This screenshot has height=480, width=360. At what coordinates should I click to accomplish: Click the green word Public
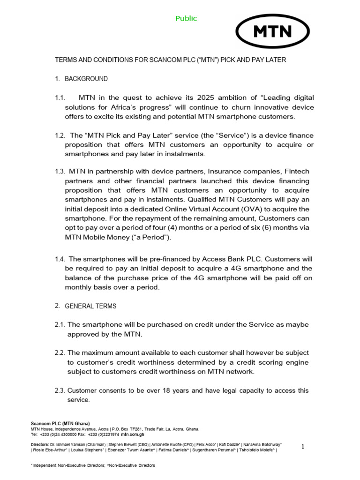point(186,18)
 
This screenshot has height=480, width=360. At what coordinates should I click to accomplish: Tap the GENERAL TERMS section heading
point(90,306)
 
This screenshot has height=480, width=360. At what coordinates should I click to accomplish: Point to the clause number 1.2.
point(60,135)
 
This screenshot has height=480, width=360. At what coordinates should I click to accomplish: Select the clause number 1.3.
point(60,172)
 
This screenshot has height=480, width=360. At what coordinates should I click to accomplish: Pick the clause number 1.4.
point(60,259)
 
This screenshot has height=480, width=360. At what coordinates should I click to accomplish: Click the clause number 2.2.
point(60,352)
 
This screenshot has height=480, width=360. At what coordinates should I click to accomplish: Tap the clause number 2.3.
point(60,390)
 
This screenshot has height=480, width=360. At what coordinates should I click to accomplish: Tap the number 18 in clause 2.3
point(165,390)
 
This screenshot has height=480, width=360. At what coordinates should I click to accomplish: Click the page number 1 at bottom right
point(303,447)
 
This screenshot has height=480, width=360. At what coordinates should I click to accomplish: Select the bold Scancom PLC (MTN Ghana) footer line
point(60,424)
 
